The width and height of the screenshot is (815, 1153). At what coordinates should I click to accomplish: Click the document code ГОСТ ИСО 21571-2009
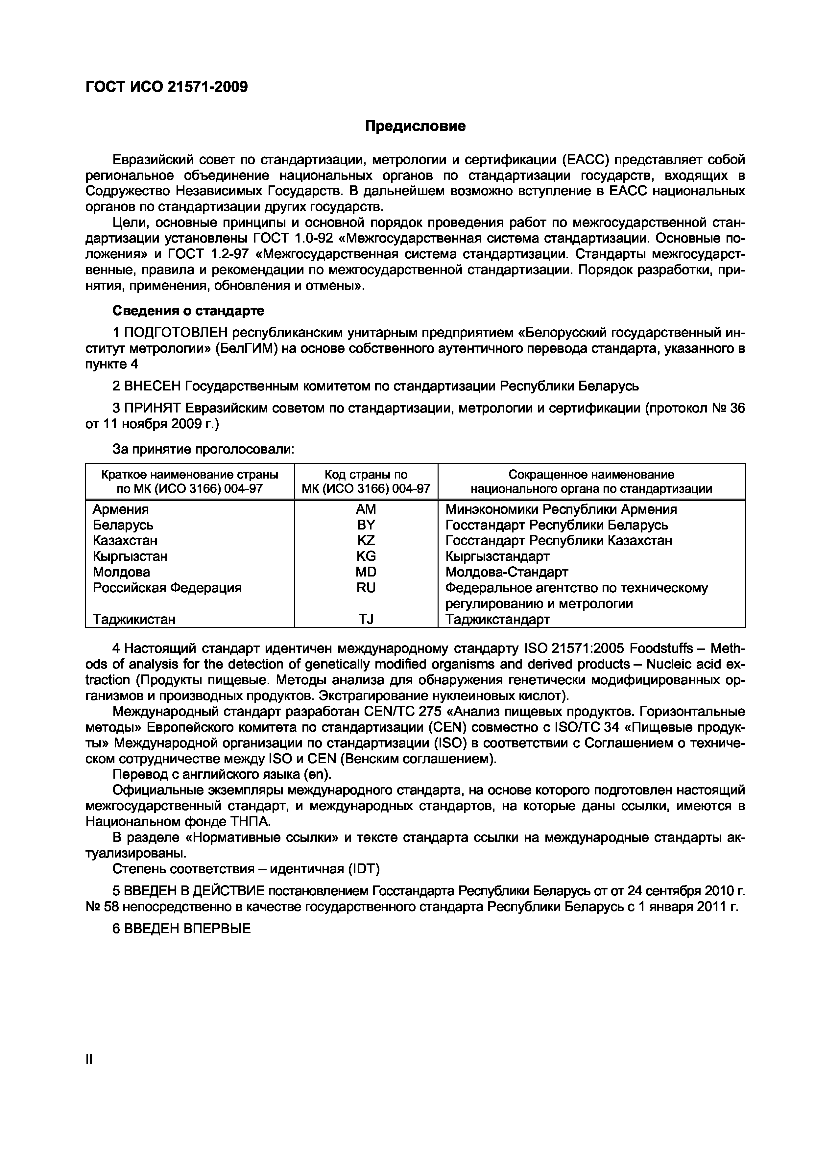(166, 87)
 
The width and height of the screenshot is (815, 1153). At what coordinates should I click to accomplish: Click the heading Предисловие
(415, 126)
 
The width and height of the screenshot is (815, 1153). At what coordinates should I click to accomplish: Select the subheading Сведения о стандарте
(188, 311)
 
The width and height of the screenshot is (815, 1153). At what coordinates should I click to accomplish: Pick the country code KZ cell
(366, 540)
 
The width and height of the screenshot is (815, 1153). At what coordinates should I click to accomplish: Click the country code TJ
(366, 619)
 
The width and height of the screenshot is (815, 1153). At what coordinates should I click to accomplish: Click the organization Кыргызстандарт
(497, 556)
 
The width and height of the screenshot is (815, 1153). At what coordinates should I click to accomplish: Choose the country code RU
(366, 588)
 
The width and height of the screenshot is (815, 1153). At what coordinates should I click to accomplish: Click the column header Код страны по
(366, 475)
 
